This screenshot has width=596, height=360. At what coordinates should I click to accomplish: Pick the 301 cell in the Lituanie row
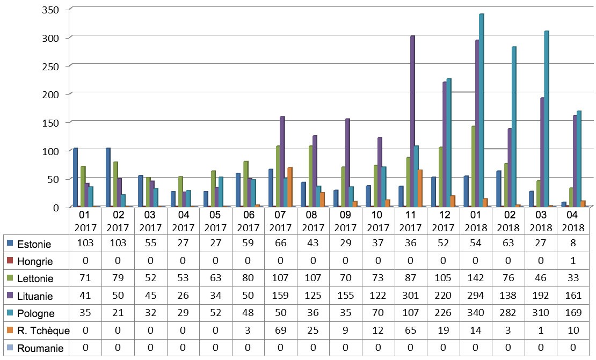point(411,295)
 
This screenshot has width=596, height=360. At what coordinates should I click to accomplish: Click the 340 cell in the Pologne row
point(476,312)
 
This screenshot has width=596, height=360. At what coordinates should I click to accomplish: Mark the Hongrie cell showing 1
point(573,261)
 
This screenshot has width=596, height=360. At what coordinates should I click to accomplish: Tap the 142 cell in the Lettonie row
point(476,278)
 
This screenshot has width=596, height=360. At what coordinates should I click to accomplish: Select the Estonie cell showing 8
point(573,244)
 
